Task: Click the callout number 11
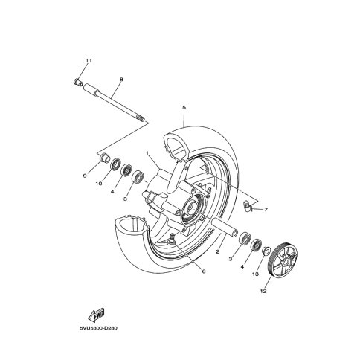coord(89,61)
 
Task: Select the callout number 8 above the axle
coord(121,80)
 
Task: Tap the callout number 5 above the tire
coord(184,108)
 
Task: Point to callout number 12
coord(263,292)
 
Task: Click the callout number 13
coord(255,274)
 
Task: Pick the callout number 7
coord(266,210)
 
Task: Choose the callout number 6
coord(204,271)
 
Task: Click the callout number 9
coord(85,176)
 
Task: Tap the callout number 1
coord(147,153)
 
